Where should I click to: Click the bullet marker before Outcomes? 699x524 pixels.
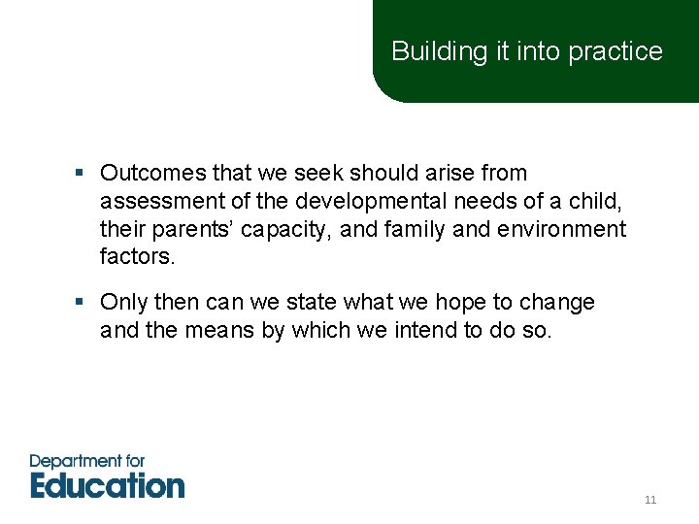[83, 174]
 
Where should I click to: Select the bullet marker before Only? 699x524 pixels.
[83, 303]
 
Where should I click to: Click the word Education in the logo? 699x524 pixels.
[107, 485]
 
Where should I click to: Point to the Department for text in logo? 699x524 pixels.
[87, 460]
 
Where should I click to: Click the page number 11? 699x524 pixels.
[650, 501]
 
